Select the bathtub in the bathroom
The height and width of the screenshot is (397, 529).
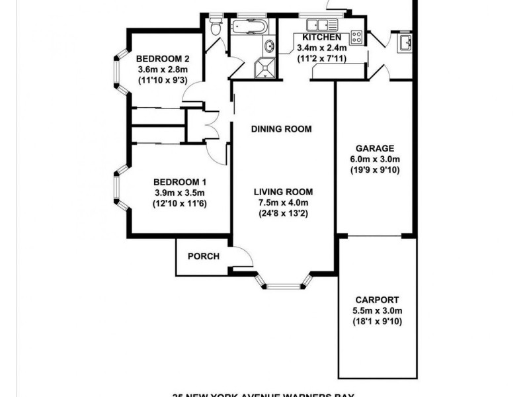click(249, 28)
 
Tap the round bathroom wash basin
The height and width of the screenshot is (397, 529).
click(269, 46)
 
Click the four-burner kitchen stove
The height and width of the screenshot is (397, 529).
click(356, 36)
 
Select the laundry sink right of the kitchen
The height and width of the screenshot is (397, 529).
click(405, 44)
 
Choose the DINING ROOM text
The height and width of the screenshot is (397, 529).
click(281, 129)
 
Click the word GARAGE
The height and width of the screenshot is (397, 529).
click(375, 148)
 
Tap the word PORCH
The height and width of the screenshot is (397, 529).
click(203, 257)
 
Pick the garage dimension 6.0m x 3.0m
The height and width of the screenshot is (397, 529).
click(375, 159)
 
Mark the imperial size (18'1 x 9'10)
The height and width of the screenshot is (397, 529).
click(378, 322)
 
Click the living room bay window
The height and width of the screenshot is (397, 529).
click(283, 284)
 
